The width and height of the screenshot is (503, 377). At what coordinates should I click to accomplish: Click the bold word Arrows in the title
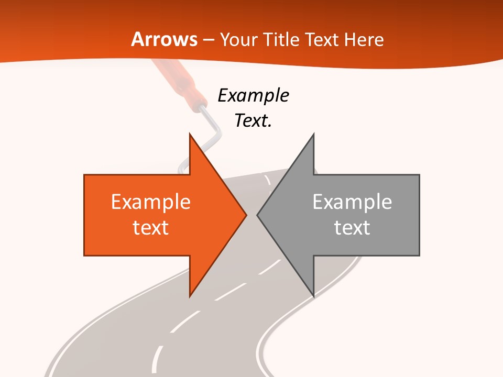point(165,39)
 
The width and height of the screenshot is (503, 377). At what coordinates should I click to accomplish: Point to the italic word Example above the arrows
point(253,95)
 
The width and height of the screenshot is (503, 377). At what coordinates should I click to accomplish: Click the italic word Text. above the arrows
point(253,120)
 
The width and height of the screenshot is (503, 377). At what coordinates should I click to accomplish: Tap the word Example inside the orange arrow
point(150,202)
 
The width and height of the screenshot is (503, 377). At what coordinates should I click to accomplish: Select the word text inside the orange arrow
point(150,228)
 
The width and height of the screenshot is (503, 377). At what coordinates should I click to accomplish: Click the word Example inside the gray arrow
point(352,202)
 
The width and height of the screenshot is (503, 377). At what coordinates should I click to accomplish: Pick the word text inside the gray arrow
point(352,228)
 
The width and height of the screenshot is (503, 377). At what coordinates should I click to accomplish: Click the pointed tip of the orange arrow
point(246,215)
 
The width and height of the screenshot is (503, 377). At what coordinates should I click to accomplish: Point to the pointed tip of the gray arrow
point(258,215)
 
